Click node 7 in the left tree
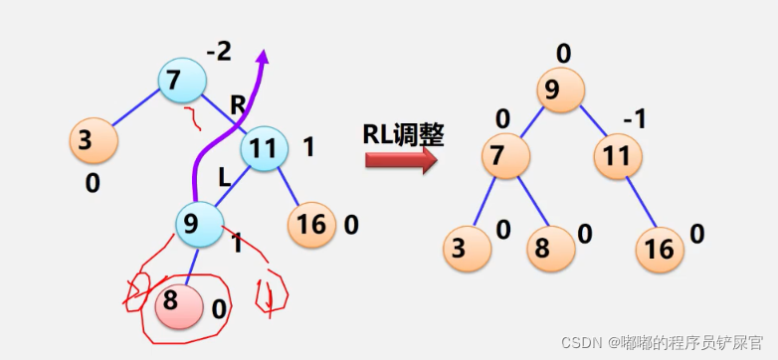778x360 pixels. (x=180, y=81)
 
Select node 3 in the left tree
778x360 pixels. (x=93, y=140)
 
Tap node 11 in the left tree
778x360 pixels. (x=263, y=148)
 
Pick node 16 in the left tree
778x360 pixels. (x=312, y=224)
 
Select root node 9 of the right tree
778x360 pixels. (x=563, y=90)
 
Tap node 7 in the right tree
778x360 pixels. (x=506, y=155)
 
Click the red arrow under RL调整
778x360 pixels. (x=401, y=159)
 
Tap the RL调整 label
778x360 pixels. (x=402, y=134)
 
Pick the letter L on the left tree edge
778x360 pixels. (x=225, y=178)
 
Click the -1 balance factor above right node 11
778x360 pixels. (x=635, y=119)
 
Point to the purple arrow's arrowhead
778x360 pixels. (x=263, y=58)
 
